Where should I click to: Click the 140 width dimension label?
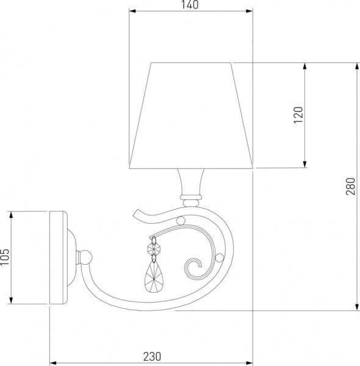tap(190, 5)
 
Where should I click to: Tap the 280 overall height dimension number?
tap(350, 185)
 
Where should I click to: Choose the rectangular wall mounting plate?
tap(59, 258)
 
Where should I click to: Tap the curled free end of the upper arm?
tap(135, 214)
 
